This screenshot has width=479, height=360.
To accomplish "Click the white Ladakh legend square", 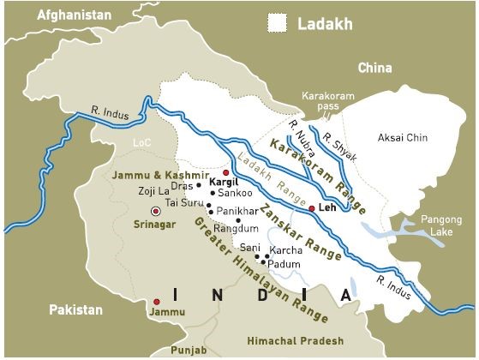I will (277, 23).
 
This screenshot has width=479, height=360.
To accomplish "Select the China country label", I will (374, 68).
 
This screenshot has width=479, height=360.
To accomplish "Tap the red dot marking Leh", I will (311, 208).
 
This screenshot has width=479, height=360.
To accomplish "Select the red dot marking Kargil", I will (226, 172).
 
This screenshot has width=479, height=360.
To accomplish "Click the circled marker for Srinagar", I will (155, 211).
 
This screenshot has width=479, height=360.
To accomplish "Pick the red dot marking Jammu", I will (156, 302).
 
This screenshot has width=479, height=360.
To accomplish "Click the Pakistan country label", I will (75, 309).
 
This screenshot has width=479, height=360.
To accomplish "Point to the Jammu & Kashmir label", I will (149, 175).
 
